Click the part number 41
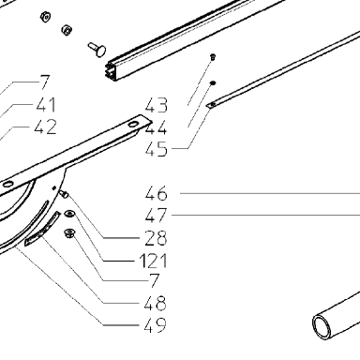coord(46,105)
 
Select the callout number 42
coord(46,127)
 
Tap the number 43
coord(157,105)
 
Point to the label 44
coord(156,127)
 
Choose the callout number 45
coord(157,149)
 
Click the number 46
coord(157,193)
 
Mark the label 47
coord(157,216)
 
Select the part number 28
coord(156,238)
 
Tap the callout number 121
coord(153,261)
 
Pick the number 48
coord(156,303)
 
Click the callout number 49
coord(156,325)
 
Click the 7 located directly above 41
coord(44,82)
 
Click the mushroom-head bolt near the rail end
coord(97,49)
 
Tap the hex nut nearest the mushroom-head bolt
coord(67,30)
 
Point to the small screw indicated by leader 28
coord(64,194)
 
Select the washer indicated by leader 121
coord(69,214)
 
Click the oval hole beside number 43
coord(132,125)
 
